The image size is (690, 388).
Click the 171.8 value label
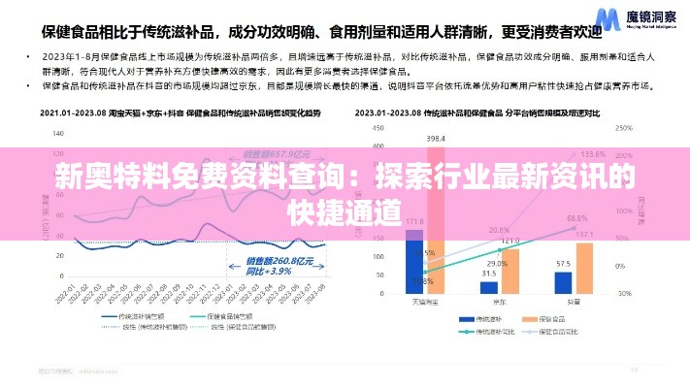(x=415, y=221)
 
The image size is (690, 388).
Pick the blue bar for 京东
(x=489, y=286)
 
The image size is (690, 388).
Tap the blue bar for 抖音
(x=563, y=281)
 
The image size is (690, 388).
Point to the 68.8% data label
(x=577, y=218)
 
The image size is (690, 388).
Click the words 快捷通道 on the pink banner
(x=345, y=210)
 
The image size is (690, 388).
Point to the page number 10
(x=634, y=369)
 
